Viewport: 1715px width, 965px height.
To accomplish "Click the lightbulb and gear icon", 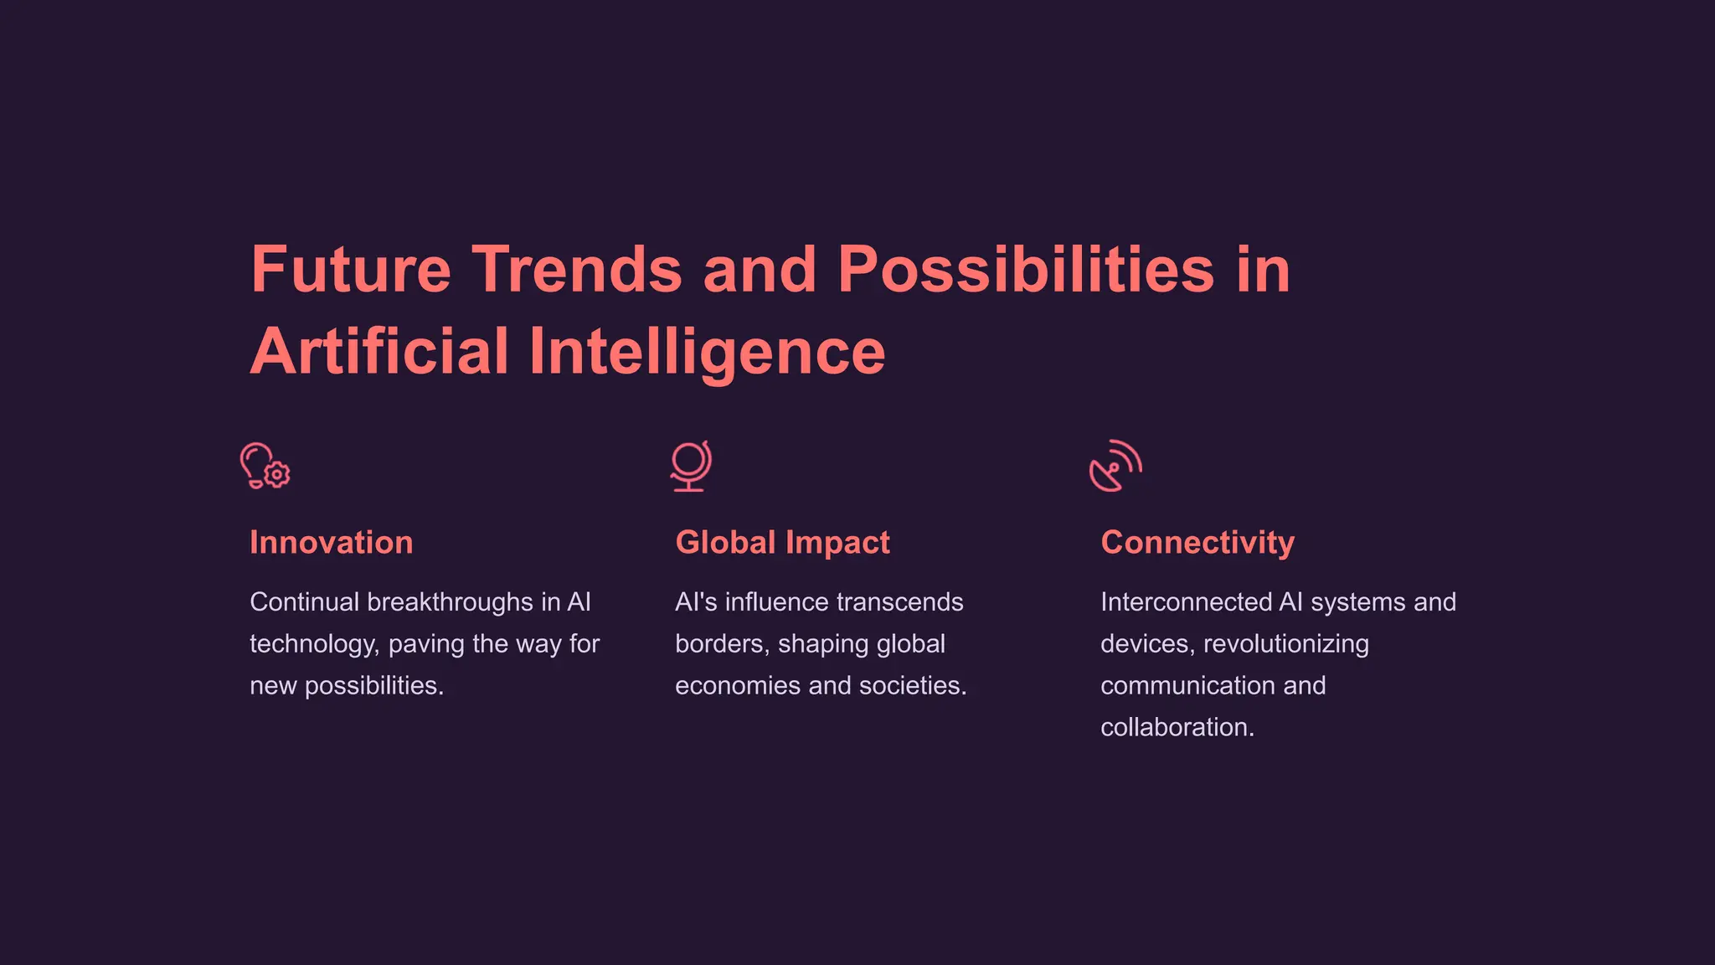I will coord(265,466).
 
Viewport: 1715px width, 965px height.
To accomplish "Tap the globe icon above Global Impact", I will coord(690,466).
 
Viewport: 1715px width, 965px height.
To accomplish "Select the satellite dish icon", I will coord(1115,466).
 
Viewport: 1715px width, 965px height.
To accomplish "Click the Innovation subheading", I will coord(332,543).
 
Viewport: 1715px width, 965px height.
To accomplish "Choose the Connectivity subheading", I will coord(1197,543).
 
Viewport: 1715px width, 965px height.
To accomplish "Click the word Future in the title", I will coord(351,270).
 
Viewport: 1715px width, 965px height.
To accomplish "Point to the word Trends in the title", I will coord(577,270).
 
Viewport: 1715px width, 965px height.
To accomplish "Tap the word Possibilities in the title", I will coord(1026,270).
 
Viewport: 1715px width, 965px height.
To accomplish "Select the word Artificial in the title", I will coord(379,352).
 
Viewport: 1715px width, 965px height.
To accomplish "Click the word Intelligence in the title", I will coord(707,352).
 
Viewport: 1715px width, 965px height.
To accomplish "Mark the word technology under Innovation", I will coord(314,644).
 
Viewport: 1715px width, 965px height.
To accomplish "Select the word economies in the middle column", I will coord(738,686).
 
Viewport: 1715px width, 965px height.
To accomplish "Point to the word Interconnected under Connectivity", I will coord(1186,602).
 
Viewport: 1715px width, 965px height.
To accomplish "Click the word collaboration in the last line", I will coord(1177,728).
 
